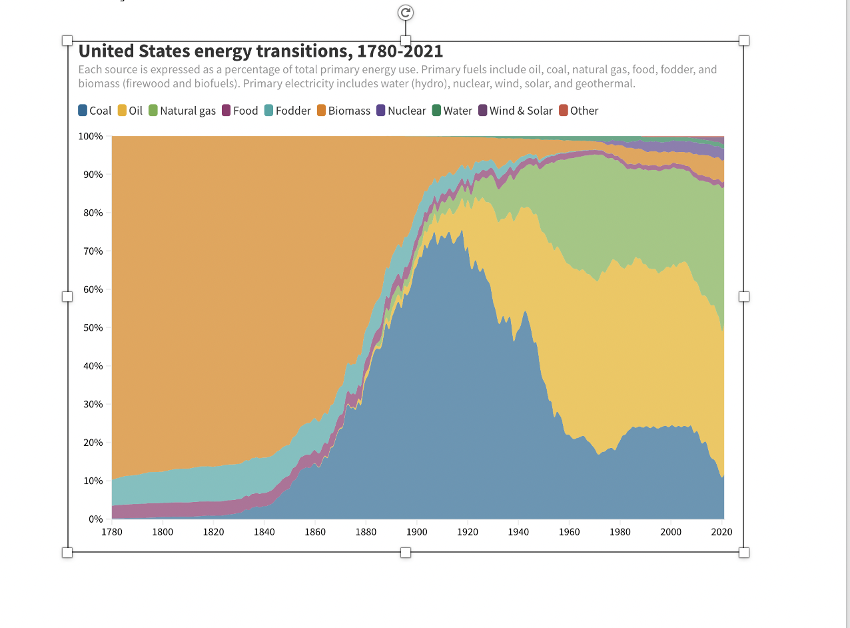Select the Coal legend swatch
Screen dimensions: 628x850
tap(83, 111)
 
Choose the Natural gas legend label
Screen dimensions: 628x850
tap(188, 111)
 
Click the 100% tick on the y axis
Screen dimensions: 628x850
tap(91, 136)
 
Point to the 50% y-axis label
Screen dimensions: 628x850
tap(93, 327)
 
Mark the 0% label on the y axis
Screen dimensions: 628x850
tap(95, 519)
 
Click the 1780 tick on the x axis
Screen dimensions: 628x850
tap(112, 532)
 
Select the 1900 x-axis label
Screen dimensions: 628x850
tap(417, 532)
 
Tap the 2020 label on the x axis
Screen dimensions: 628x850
tap(721, 532)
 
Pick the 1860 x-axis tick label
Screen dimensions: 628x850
tap(315, 532)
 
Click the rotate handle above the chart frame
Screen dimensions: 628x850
tap(405, 13)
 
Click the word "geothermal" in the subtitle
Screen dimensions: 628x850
tap(604, 84)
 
